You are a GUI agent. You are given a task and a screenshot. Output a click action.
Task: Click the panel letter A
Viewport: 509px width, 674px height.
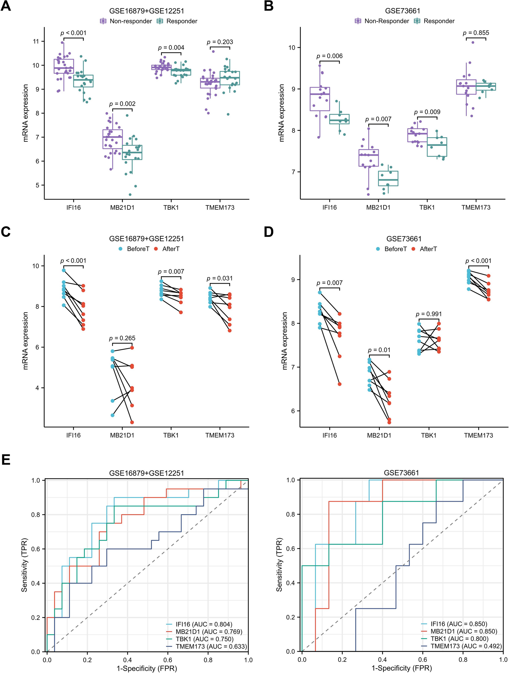[6, 6]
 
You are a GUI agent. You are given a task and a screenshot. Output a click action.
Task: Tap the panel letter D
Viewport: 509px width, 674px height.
[269, 232]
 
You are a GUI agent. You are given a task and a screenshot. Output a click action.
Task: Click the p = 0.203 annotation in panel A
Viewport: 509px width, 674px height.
[220, 42]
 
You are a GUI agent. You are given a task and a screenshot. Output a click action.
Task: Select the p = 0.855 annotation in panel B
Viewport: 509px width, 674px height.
[476, 33]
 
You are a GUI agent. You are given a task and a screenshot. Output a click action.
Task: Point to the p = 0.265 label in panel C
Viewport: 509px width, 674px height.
[122, 338]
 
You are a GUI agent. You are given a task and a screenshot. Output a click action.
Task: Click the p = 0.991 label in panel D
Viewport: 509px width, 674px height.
[429, 314]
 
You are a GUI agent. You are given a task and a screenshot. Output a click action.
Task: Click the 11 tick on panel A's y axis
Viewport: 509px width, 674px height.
[36, 41]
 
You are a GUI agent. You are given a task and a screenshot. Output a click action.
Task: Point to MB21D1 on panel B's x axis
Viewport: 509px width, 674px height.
[378, 207]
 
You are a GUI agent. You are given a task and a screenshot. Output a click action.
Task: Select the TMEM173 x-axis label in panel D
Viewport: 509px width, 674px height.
[478, 435]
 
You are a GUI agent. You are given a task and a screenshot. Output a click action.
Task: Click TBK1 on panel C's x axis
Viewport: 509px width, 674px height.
[171, 435]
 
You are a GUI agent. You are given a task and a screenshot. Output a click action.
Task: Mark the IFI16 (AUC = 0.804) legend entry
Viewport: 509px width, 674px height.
[204, 624]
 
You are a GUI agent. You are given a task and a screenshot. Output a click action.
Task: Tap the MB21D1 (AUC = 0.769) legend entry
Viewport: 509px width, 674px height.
[209, 632]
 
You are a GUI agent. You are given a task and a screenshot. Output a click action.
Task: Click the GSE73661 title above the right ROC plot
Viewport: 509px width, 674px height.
[401, 473]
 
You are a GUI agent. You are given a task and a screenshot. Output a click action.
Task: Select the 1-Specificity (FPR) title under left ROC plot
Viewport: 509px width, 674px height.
[147, 669]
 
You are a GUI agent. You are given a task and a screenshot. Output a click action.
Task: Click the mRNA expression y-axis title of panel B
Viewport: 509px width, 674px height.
[281, 113]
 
